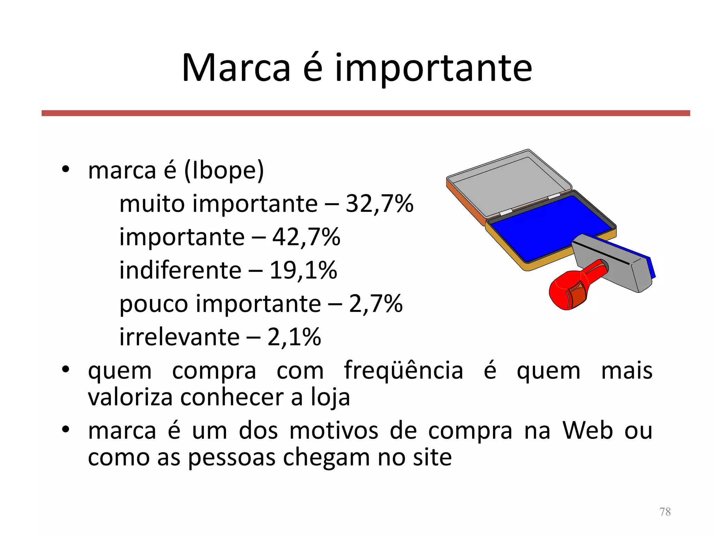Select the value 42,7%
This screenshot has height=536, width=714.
(306, 237)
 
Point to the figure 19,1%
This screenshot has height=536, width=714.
(303, 270)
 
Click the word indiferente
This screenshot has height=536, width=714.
(180, 270)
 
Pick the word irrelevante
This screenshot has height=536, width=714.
(179, 337)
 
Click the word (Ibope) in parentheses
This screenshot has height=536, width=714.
(224, 171)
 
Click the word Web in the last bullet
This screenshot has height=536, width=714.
(587, 430)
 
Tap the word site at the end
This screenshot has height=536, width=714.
(432, 457)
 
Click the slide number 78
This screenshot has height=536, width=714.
(665, 512)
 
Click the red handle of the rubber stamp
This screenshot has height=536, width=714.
(572, 288)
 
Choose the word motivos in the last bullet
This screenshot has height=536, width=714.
(334, 430)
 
